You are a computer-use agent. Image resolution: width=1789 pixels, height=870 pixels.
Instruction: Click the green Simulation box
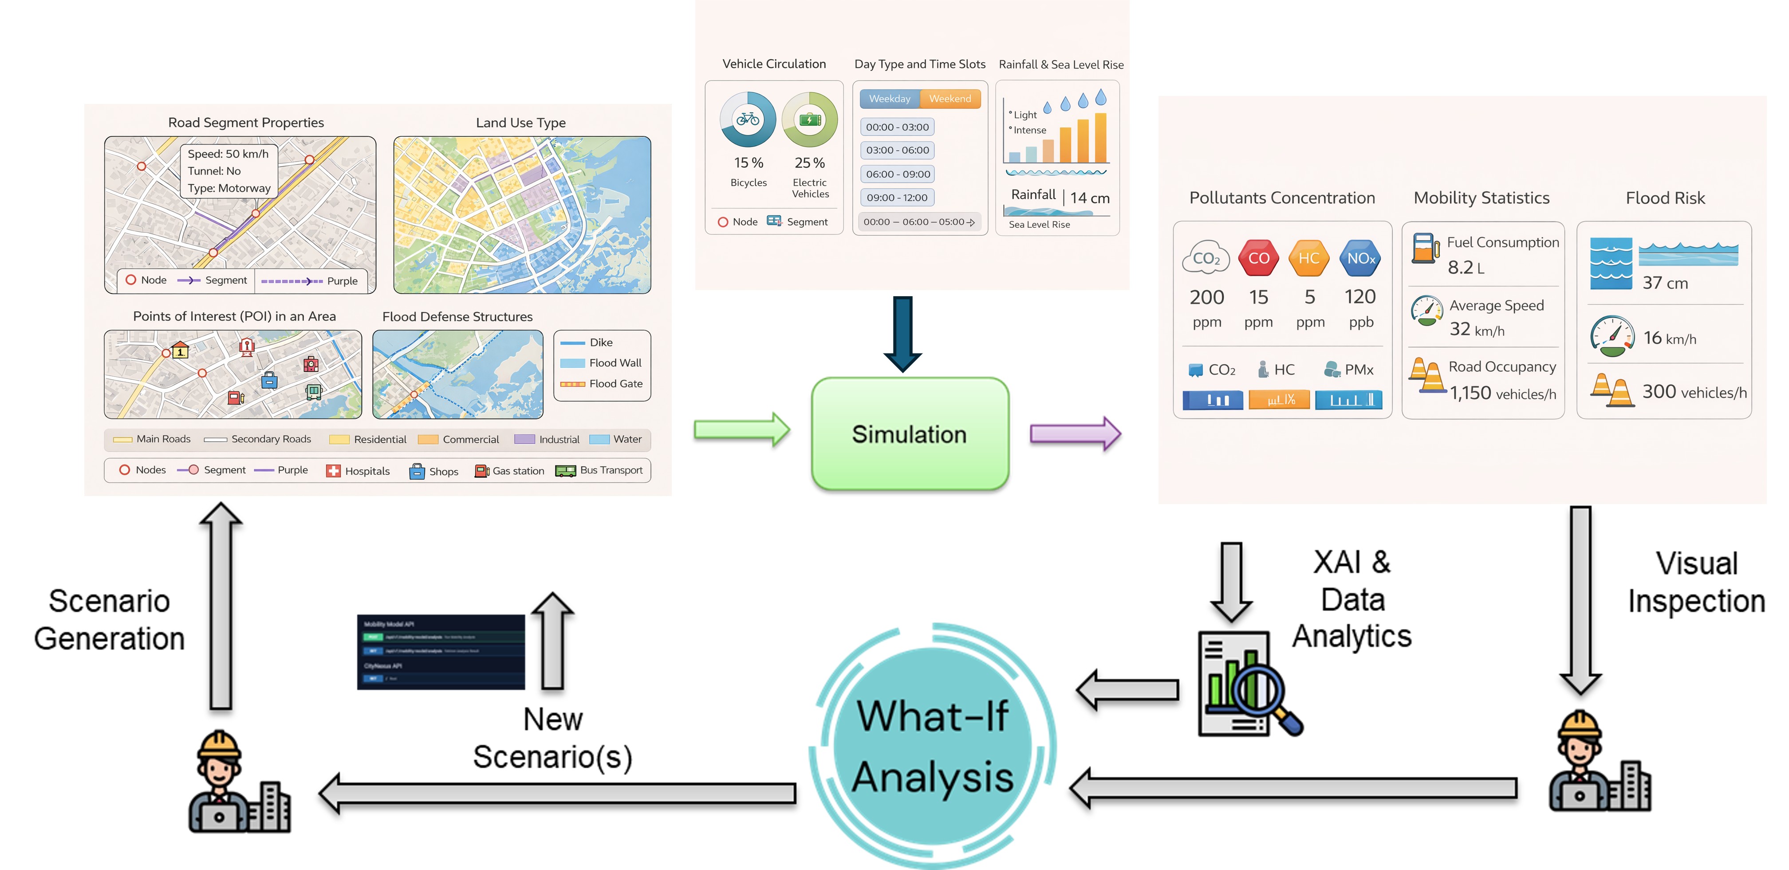[909, 434]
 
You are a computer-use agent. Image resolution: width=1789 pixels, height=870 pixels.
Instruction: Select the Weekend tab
[950, 99]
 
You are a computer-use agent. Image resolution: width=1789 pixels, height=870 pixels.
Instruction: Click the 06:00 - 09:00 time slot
[897, 174]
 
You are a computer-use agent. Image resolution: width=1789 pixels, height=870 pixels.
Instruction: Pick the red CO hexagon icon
[1258, 258]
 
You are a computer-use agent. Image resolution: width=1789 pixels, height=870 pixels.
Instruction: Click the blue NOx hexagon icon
[1360, 258]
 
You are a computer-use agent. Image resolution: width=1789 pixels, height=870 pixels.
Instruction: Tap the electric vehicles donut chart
[810, 119]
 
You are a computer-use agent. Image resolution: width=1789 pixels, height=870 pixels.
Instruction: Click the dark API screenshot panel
[440, 652]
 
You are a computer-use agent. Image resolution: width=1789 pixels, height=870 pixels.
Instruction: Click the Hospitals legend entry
[359, 471]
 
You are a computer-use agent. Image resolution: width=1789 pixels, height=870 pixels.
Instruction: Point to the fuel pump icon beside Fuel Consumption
[1425, 248]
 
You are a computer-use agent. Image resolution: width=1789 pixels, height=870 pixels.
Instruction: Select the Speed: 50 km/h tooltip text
[228, 154]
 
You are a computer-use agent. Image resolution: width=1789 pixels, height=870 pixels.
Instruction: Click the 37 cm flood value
[1665, 283]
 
